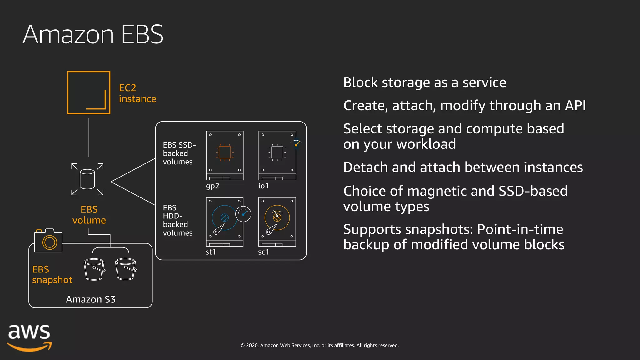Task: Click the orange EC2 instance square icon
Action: [x=89, y=92]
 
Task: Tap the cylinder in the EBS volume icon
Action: [x=87, y=179]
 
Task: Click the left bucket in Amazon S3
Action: [x=94, y=269]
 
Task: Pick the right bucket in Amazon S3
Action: [x=126, y=269]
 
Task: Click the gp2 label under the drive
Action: [x=212, y=186]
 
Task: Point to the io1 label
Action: [x=263, y=186]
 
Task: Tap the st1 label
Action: [x=211, y=252]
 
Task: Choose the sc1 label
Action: [x=263, y=252]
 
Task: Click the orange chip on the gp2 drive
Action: [x=225, y=152]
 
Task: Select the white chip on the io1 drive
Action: [x=277, y=152]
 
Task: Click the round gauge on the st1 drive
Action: [x=243, y=214]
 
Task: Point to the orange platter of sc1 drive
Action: [x=277, y=217]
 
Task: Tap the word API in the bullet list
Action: [x=575, y=106]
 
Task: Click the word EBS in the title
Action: [x=142, y=34]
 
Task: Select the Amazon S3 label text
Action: [x=91, y=299]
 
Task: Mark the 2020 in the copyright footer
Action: [x=252, y=345]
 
